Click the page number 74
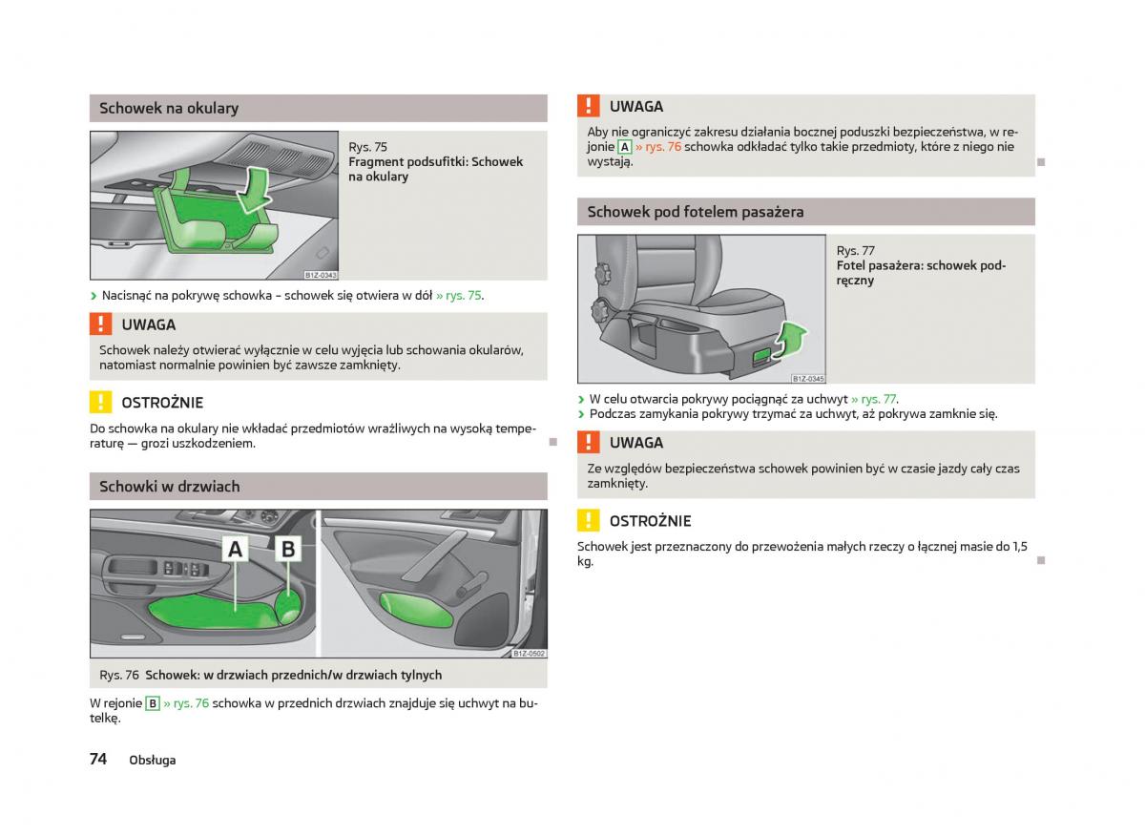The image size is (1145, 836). tap(98, 759)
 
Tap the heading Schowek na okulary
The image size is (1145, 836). tap(169, 109)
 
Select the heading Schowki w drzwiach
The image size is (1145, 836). tap(169, 487)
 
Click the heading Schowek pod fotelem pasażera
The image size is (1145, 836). tap(696, 212)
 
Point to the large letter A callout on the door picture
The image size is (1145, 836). tap(235, 549)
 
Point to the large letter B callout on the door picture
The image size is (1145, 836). tap(288, 549)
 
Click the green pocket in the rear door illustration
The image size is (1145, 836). tap(415, 610)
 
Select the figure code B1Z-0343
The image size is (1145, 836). tap(321, 275)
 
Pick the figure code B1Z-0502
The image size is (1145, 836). tap(529, 654)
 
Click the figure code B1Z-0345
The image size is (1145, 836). tap(807, 379)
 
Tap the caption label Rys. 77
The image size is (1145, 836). tap(855, 251)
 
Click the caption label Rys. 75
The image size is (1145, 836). tap(367, 147)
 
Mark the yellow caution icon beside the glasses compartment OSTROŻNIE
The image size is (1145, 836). tap(101, 402)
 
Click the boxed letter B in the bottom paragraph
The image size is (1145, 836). tap(153, 703)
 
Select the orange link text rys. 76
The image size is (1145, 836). tap(662, 147)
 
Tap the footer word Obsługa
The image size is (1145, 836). tap(153, 761)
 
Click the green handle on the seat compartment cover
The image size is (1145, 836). tap(762, 354)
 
